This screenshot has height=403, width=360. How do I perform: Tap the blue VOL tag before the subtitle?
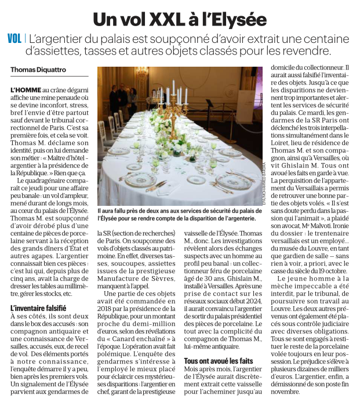pyautogui.click(x=14, y=39)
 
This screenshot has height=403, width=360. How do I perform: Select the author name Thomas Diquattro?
pyautogui.click(x=38, y=70)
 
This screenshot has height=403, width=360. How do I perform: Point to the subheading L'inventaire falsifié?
pyautogui.click(x=38, y=308)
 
